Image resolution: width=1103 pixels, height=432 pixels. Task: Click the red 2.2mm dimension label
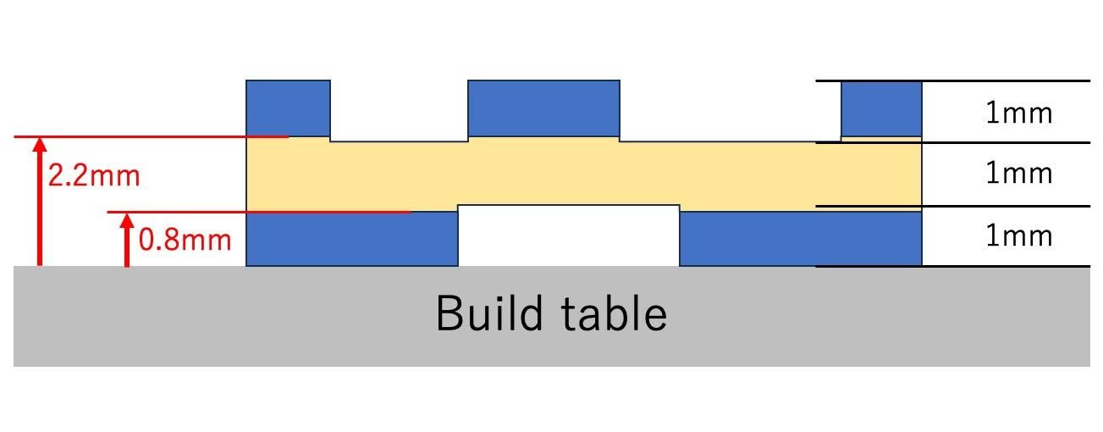coord(94,175)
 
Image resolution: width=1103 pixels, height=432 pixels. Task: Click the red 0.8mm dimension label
coord(185,240)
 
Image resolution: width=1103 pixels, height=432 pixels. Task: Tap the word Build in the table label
coord(489,313)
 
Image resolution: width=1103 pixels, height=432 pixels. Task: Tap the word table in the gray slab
coord(615,313)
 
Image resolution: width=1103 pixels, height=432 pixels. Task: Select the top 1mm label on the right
coord(1019,113)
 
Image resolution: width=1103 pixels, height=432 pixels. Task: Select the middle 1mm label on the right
coord(1019,174)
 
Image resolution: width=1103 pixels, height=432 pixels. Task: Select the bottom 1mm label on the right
coord(1019,236)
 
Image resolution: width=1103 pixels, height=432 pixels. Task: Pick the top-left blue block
coord(288,108)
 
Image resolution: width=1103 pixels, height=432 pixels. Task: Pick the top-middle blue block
coord(543,108)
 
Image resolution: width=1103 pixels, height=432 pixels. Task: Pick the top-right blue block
coord(881,109)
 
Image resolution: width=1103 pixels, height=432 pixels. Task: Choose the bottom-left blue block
coord(352,240)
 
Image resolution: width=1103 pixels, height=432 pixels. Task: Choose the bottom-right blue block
coord(801,240)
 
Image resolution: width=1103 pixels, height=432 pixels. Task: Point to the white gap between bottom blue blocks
coord(569,236)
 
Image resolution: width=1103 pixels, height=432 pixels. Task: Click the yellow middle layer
coord(583,174)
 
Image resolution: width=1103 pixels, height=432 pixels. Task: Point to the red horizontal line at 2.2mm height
coord(152,136)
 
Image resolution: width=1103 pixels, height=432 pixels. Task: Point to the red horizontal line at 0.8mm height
coord(259,213)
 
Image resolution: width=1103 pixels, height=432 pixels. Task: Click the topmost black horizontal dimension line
coord(953,80)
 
